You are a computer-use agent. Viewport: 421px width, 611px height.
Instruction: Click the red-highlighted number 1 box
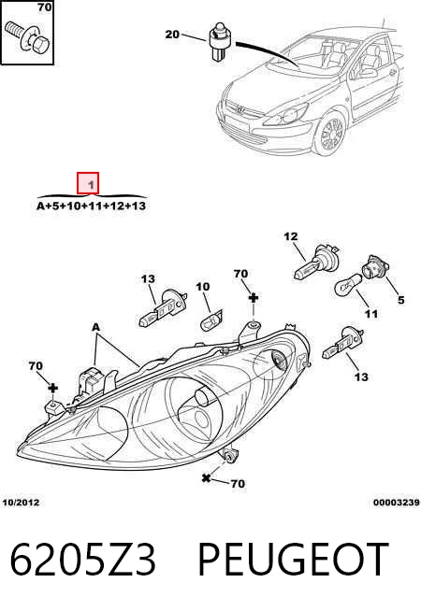[88, 183]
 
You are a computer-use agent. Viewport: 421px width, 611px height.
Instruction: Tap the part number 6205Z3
[82, 560]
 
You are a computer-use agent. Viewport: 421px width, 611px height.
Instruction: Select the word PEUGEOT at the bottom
[294, 560]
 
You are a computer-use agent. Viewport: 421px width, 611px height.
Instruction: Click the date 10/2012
[22, 503]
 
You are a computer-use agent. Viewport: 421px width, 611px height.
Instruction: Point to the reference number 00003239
[396, 503]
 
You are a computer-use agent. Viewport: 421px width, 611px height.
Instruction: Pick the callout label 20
[172, 35]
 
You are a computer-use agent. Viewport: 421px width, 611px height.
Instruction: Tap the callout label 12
[291, 236]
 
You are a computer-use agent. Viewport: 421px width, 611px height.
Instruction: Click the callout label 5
[400, 300]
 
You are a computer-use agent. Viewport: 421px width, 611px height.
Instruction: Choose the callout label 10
[202, 287]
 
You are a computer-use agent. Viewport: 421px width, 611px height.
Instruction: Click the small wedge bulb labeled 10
[211, 320]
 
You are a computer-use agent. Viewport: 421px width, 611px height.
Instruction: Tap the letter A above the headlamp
[96, 327]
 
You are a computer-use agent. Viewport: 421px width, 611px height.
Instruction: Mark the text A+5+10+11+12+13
[91, 206]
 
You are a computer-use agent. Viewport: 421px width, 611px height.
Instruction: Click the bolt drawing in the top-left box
[26, 37]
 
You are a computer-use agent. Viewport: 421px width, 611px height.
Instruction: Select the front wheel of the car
[331, 134]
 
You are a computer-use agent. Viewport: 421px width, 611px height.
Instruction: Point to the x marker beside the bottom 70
[206, 477]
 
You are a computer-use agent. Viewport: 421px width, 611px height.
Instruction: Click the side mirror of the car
[365, 73]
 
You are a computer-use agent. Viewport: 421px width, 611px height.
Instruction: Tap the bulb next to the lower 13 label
[342, 344]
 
